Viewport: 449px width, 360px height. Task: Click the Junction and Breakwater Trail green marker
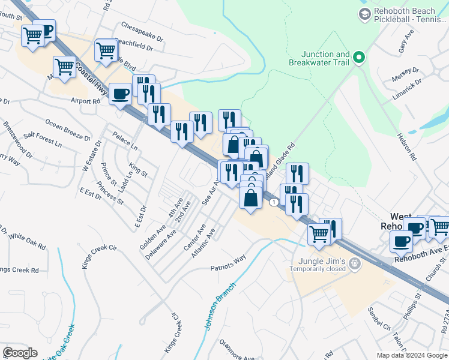click(x=359, y=58)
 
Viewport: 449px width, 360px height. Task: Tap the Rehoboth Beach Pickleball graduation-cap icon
click(x=364, y=13)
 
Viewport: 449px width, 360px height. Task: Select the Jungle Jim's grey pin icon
click(x=355, y=263)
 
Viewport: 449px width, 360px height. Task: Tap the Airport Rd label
click(x=85, y=101)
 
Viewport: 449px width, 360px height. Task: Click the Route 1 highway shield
click(x=274, y=202)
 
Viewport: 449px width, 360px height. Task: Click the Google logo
click(x=20, y=353)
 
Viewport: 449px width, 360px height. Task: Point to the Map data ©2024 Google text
click(x=412, y=355)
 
